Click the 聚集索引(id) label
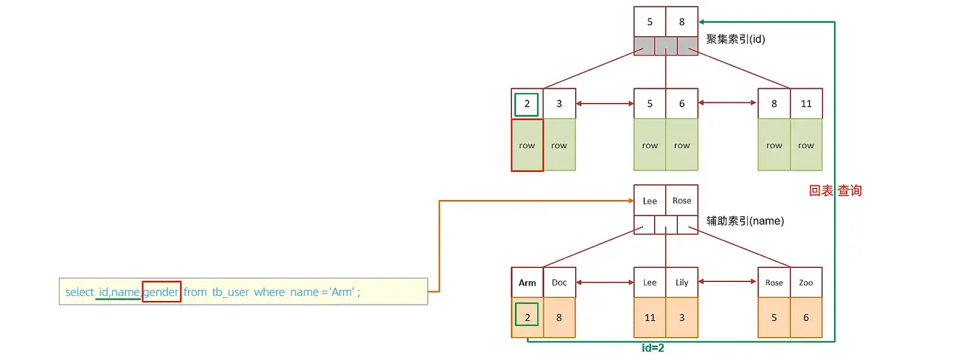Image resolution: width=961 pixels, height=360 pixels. (735, 39)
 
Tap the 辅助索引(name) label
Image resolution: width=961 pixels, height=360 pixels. (745, 221)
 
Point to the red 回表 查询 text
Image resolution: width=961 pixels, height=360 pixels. (835, 190)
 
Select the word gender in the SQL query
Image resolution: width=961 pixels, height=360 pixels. (162, 292)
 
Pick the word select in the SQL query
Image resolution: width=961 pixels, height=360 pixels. (79, 292)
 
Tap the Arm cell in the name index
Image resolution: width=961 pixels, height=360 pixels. (527, 283)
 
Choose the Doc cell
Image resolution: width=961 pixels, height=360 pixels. (559, 283)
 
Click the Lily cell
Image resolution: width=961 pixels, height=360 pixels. (681, 283)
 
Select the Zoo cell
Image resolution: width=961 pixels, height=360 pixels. (805, 283)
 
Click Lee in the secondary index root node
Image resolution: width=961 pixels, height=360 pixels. (650, 201)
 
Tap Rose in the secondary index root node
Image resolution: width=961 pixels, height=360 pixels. (681, 201)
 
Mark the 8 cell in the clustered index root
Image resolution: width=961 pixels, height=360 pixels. (681, 22)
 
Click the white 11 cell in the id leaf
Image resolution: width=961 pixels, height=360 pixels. (805, 104)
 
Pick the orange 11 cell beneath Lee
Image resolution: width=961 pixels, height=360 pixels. (650, 317)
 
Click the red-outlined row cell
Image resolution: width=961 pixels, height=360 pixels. (527, 145)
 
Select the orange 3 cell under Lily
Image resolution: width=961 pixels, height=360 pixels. (681, 317)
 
